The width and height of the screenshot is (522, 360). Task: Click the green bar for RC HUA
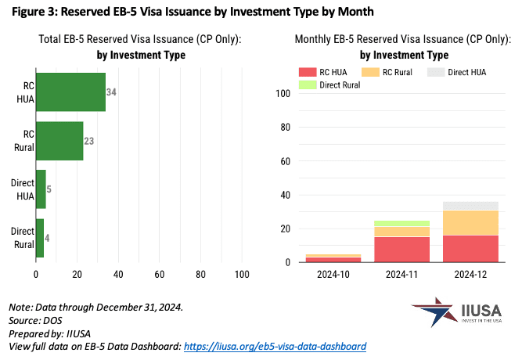[70, 92]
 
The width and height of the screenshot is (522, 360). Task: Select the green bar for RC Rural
[59, 141]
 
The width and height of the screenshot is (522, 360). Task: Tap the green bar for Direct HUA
[41, 189]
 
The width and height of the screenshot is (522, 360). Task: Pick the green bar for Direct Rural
[40, 238]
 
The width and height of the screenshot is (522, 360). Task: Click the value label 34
[111, 92]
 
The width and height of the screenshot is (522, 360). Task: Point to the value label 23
[89, 142]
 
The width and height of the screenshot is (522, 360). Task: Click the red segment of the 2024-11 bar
[401, 250]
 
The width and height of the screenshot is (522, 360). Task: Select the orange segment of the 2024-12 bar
[471, 222]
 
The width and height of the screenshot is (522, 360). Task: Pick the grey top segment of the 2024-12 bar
[471, 206]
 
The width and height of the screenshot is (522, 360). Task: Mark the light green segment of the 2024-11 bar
[401, 223]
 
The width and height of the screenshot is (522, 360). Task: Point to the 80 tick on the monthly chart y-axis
[284, 128]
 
